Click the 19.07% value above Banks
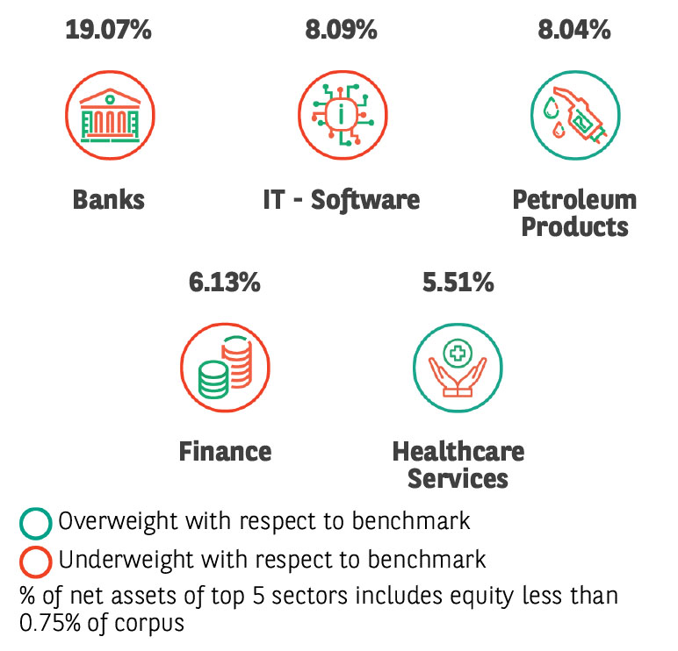(109, 30)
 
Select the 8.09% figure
(341, 30)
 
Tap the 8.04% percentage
(574, 30)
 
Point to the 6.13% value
(225, 283)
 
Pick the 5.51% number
(458, 283)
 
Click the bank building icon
(110, 115)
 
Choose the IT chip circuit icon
(343, 115)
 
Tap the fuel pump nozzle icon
(575, 115)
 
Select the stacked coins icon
(225, 368)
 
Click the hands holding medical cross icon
(458, 368)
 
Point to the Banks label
(109, 199)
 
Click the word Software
(365, 200)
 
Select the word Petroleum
(574, 199)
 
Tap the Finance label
(226, 452)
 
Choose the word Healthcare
(458, 452)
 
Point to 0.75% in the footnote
(50, 623)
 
